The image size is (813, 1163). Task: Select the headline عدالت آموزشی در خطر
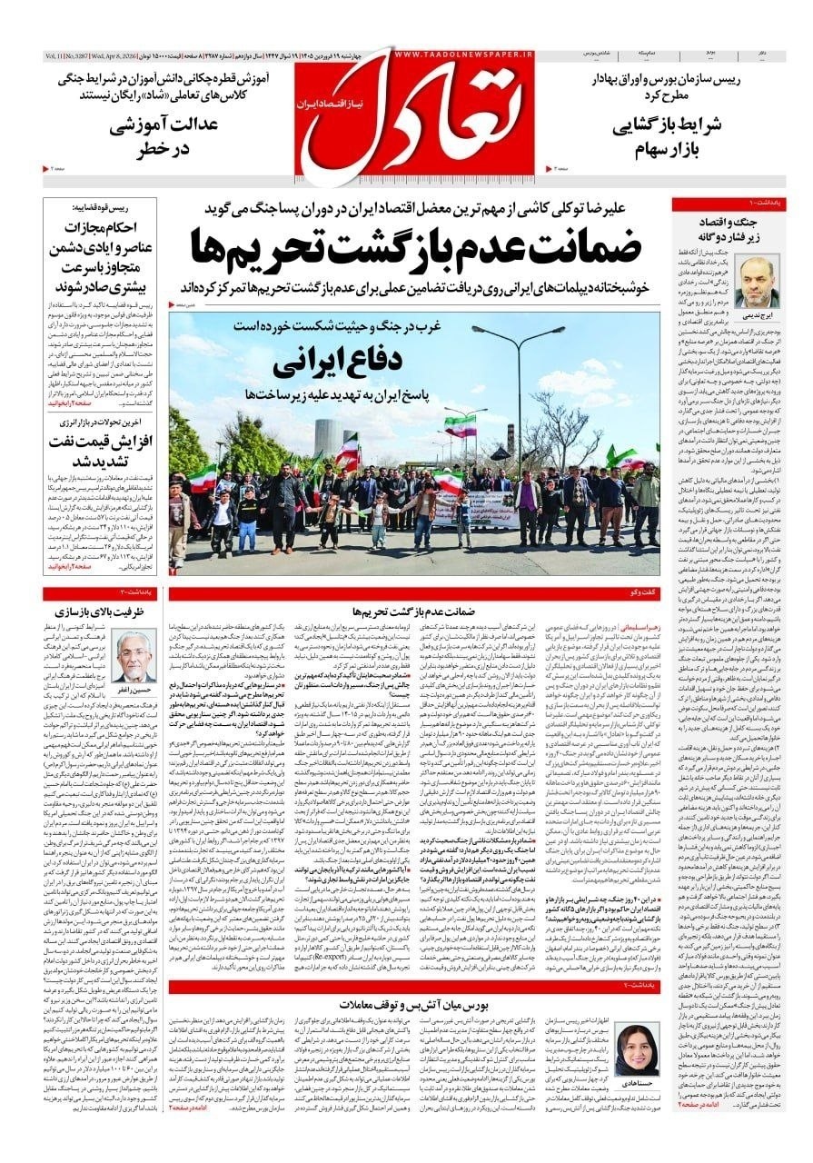click(x=164, y=137)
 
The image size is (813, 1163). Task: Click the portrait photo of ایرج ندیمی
click(x=756, y=283)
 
